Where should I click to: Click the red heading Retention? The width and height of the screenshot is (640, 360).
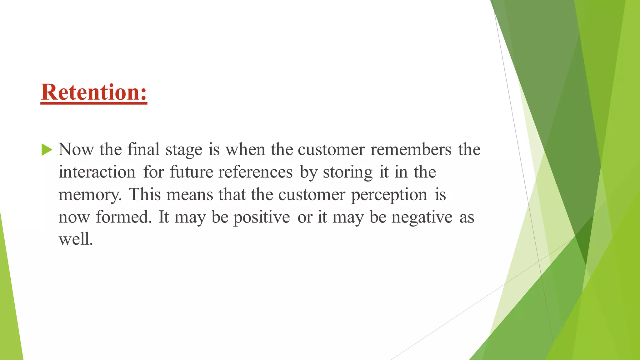pos(94,92)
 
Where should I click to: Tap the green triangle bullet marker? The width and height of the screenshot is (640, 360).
pos(46,150)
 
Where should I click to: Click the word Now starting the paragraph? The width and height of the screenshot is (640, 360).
pos(76,149)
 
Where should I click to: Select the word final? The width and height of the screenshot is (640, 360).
pos(143,149)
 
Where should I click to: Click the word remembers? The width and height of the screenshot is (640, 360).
pos(411,149)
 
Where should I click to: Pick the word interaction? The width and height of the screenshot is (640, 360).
pos(97,172)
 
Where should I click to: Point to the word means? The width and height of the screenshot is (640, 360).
pos(189,194)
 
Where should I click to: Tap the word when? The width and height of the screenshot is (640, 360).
pos(245,149)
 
